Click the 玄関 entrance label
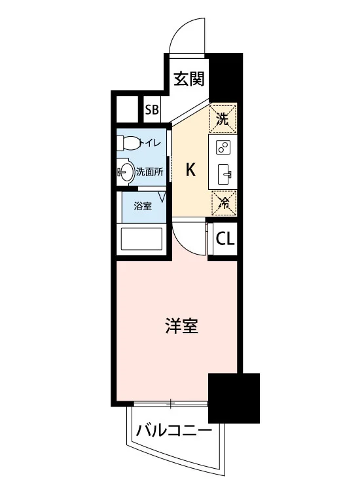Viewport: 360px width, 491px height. tap(189, 79)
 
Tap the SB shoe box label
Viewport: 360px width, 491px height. tap(152, 110)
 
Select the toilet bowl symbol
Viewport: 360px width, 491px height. tap(128, 143)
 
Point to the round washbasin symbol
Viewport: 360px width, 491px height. tap(126, 172)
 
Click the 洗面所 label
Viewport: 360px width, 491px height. tap(150, 172)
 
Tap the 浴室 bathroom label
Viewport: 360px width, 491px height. tap(143, 206)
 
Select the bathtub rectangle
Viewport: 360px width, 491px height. tap(141, 238)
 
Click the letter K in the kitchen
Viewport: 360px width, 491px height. tap(190, 170)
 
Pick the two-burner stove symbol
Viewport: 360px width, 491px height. tap(223, 147)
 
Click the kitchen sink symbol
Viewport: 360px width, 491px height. tap(224, 174)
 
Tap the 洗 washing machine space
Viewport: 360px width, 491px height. tap(223, 118)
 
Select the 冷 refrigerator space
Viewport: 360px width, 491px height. tap(224, 204)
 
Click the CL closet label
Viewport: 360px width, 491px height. tap(225, 239)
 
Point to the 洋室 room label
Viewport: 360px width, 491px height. tap(181, 325)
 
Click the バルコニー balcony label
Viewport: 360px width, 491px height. tap(174, 431)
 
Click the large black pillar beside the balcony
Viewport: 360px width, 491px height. tap(234, 398)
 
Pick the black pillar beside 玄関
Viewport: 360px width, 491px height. tap(226, 77)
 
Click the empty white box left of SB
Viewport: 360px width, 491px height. tap(127, 109)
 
